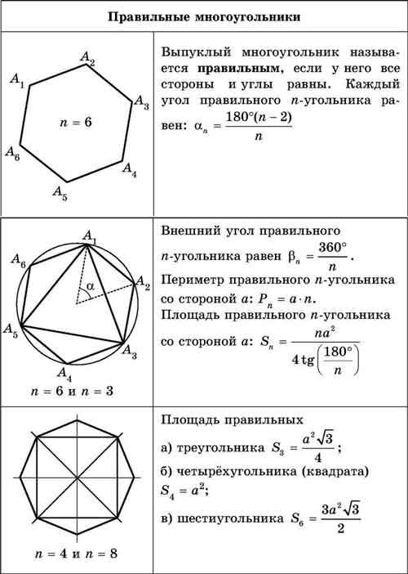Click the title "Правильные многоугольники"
pos(204,17)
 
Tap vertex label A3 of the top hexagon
pos(142,102)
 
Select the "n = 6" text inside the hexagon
pos(76,123)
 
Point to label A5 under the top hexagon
pos(60,193)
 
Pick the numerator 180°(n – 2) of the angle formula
pos(259,118)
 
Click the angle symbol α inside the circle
pos(90,286)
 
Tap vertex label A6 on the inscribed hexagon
pos(19,260)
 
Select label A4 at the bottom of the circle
pos(64,374)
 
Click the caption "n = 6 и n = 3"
pos(72,392)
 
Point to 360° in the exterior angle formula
pos(331,247)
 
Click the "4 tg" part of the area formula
pos(303,361)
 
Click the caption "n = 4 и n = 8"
pos(76,554)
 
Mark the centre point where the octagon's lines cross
pos(77,478)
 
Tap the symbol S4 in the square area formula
pos(167,491)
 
